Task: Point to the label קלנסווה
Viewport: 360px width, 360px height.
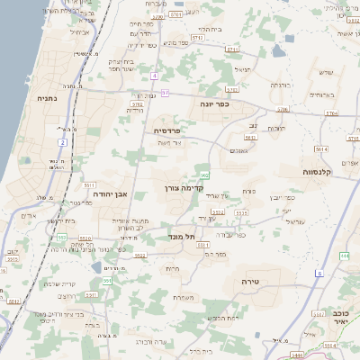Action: [x=318, y=171]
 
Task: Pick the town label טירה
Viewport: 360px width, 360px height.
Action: [x=250, y=282]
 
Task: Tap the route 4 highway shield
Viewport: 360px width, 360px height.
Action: [x=155, y=76]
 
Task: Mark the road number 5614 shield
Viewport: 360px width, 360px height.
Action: [x=322, y=148]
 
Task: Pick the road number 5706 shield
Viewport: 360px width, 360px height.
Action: [x=282, y=110]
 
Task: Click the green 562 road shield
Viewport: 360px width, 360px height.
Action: [x=206, y=175]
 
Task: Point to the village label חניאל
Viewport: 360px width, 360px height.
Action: [x=240, y=68]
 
